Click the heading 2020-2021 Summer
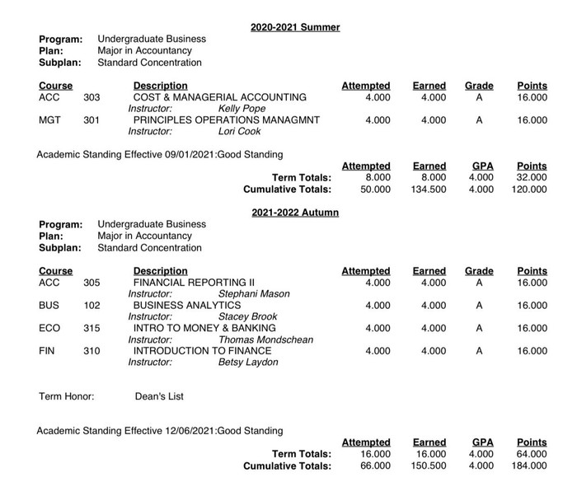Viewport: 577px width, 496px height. pyautogui.click(x=295, y=27)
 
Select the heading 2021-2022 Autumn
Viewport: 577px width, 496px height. pyautogui.click(x=295, y=213)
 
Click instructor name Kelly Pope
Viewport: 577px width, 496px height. pyautogui.click(x=242, y=109)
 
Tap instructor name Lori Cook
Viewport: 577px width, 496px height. pyautogui.click(x=239, y=132)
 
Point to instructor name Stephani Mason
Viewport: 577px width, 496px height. pyautogui.click(x=253, y=294)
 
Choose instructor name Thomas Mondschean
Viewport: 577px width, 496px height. pyautogui.click(x=265, y=339)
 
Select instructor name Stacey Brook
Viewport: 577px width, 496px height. pyautogui.click(x=247, y=317)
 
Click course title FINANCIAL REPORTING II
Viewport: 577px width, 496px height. pyautogui.click(x=195, y=283)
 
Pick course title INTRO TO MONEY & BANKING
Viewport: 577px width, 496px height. pyautogui.click(x=204, y=328)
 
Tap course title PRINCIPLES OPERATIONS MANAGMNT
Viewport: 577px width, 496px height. pyautogui.click(x=227, y=120)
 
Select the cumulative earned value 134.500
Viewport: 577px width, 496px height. pyautogui.click(x=428, y=190)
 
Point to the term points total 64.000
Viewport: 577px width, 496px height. pyautogui.click(x=531, y=454)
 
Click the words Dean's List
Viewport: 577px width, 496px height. pyautogui.click(x=159, y=396)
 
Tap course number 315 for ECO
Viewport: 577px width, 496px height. pyautogui.click(x=91, y=328)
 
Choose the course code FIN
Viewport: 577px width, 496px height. pyautogui.click(x=48, y=351)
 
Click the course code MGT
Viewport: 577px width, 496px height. pyautogui.click(x=49, y=120)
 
